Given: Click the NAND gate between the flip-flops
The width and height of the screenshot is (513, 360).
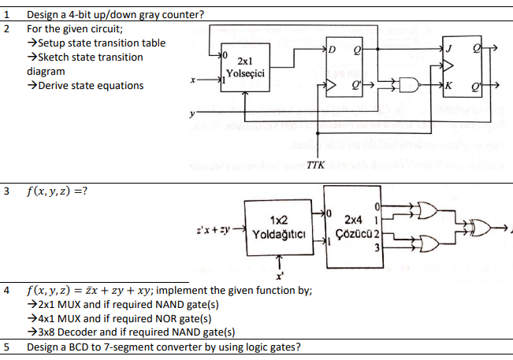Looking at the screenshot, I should tap(407, 84).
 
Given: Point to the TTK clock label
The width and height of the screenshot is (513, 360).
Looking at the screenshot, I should tap(313, 163).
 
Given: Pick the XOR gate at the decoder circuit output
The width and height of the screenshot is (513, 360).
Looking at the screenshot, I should tap(481, 228).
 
